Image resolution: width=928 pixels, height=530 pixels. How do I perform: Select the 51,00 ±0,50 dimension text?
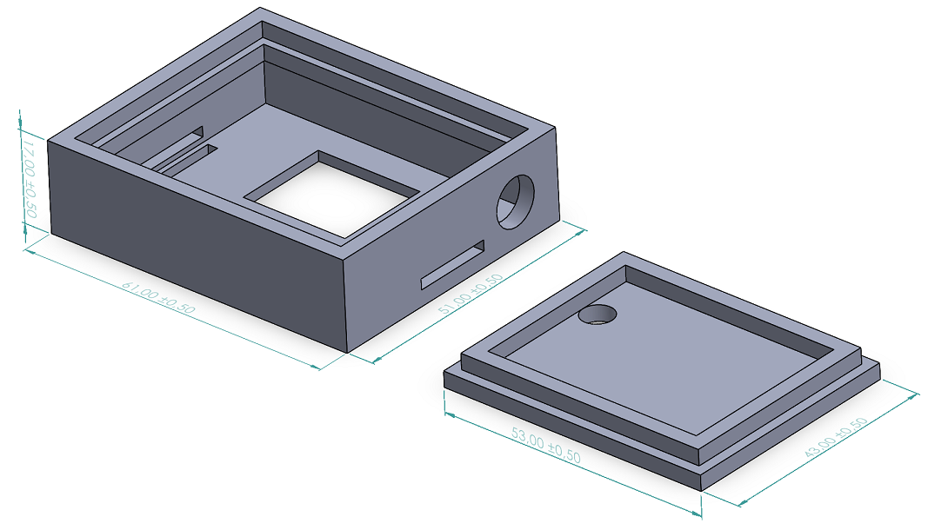click(x=471, y=293)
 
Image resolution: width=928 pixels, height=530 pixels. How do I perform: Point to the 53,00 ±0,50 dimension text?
click(x=545, y=446)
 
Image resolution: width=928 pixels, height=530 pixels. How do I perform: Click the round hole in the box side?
click(x=515, y=202)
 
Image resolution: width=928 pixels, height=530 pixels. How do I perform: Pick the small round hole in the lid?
click(x=598, y=315)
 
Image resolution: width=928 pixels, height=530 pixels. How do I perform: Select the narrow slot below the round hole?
click(x=453, y=264)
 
